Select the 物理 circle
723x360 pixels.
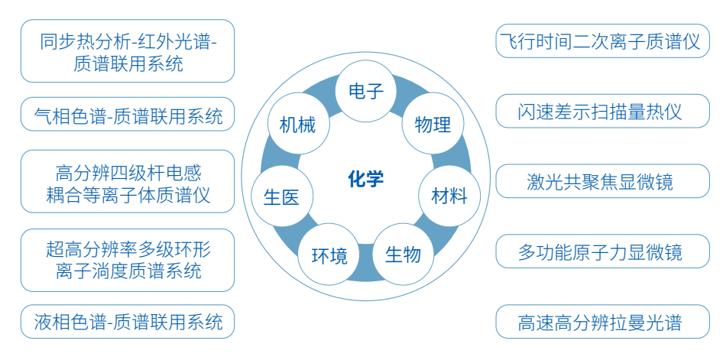click(432, 124)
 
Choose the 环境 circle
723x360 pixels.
click(329, 255)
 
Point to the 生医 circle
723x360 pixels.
click(281, 196)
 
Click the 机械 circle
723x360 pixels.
click(297, 125)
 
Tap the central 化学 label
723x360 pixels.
click(365, 180)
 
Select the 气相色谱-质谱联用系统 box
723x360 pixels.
click(128, 116)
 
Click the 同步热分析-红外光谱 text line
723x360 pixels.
click(128, 41)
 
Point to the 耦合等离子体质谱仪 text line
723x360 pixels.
click(128, 194)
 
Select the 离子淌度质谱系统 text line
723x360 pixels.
click(128, 271)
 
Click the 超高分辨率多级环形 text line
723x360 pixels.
click(128, 249)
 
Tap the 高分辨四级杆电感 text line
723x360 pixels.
click(128, 172)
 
